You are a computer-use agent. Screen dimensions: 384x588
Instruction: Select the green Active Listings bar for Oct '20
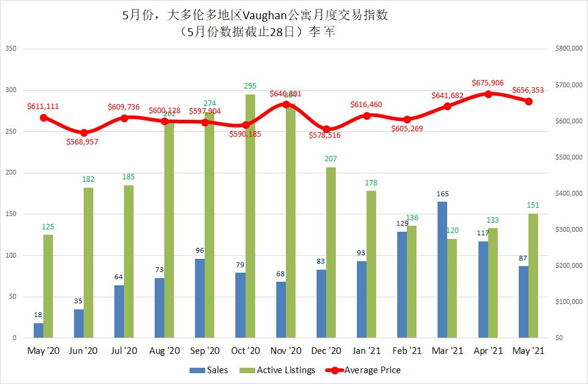click(x=250, y=216)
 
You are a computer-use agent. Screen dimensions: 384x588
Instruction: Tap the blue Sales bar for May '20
click(x=39, y=330)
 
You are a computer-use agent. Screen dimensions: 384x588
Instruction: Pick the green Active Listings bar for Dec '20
click(x=331, y=252)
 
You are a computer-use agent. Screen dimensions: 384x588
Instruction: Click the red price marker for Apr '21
click(x=488, y=94)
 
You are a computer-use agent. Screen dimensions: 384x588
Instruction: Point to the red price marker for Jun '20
click(x=84, y=132)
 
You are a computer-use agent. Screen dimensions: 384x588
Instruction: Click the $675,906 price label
click(x=487, y=83)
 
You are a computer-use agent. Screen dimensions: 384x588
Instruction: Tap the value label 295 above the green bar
click(x=250, y=86)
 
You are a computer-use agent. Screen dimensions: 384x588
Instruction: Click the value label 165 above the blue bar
click(x=442, y=194)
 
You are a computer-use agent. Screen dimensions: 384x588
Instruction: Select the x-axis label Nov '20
click(x=286, y=351)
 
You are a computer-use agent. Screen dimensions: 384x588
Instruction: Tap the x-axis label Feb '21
click(x=407, y=351)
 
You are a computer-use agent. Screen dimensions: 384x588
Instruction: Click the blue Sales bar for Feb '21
click(x=402, y=285)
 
